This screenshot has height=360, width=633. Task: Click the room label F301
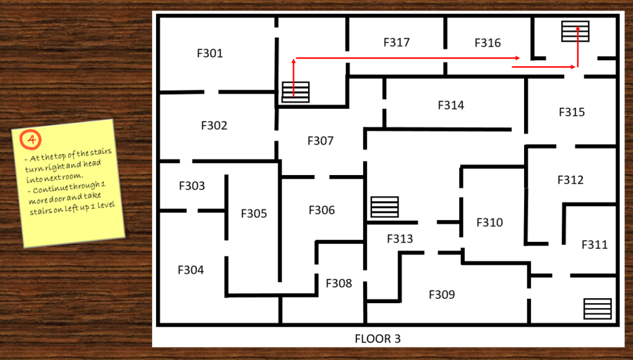[x=210, y=54]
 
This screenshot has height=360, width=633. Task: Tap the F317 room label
[x=396, y=43]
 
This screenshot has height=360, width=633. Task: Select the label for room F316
[x=488, y=43]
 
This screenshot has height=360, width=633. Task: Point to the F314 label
[x=450, y=105]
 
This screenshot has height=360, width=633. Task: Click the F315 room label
[x=571, y=113]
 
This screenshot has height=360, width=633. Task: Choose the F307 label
[x=320, y=141]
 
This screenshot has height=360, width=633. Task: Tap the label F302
[x=214, y=126]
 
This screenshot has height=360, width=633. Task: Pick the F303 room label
[x=191, y=186]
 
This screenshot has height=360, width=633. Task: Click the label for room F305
[x=254, y=214]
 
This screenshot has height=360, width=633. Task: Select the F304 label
[x=191, y=270]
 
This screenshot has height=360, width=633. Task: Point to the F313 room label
[x=400, y=239]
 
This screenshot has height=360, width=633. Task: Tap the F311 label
[x=594, y=245]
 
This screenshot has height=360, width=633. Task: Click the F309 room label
[x=442, y=295]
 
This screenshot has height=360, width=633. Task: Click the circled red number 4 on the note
[x=28, y=140]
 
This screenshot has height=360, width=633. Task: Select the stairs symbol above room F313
[x=384, y=207]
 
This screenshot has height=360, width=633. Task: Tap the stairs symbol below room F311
[x=597, y=309]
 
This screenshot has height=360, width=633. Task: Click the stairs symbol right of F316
[x=575, y=31]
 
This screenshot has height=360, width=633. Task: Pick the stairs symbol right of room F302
[x=295, y=92]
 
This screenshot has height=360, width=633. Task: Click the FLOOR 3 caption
[x=381, y=339]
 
